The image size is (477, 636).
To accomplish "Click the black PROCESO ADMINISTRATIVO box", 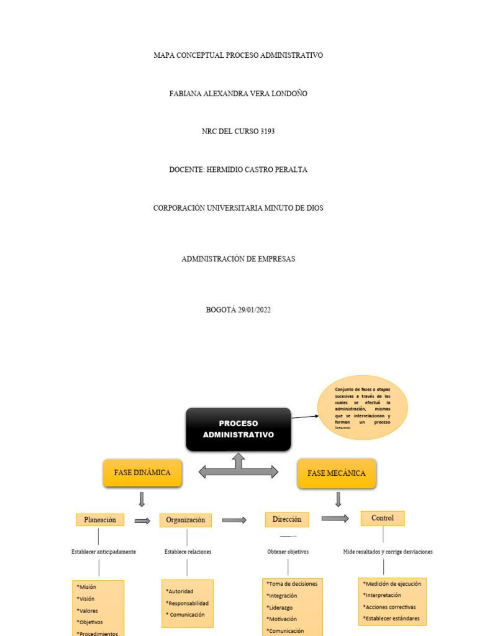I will tap(238, 429).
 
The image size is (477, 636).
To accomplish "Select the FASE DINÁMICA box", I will tap(142, 473).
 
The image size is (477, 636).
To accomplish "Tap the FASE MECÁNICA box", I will tap(337, 473).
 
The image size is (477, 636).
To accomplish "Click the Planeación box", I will tap(100, 520).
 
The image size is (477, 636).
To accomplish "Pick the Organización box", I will tap(185, 520).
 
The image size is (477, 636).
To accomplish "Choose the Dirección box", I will tap(287, 519).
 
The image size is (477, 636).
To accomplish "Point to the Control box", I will tap(383, 518).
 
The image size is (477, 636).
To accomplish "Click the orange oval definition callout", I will tap(362, 407).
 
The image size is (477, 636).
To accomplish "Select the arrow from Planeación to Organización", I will tap(142, 521).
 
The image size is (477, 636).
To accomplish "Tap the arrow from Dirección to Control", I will tap(335, 519).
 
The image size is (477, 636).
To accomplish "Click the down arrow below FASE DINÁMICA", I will tap(142, 499).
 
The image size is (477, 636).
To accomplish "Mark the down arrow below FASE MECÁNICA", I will tap(338, 499).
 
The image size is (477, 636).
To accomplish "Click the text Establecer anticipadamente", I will tap(104, 552).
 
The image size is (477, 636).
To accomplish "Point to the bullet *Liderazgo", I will tap(281, 607).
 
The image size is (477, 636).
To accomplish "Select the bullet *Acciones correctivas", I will tap(389, 607).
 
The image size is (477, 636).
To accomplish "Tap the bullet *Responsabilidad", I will tap(187, 603).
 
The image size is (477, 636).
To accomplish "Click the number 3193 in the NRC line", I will tap(265, 132).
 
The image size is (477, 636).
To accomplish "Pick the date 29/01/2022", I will tap(254, 310).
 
